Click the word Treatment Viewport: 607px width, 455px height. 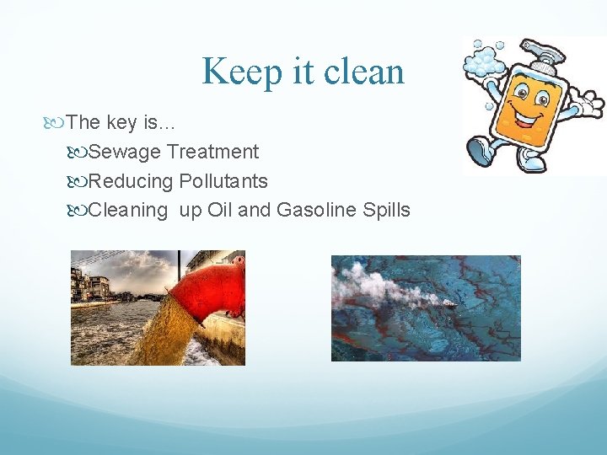(212, 152)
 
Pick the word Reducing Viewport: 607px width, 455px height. (131, 181)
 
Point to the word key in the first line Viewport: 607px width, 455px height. (122, 122)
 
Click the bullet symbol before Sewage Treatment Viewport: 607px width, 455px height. (80, 153)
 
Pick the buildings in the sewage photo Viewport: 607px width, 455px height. (91, 286)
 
